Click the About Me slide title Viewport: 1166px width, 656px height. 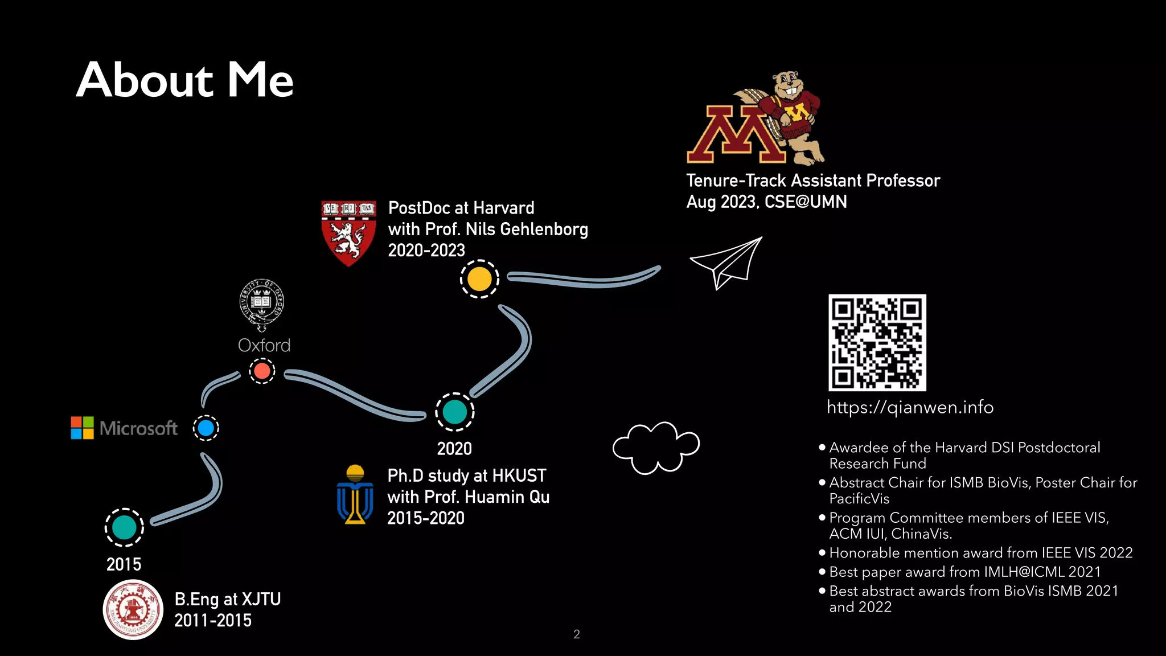tap(184, 80)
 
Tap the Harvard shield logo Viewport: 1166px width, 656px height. tap(348, 232)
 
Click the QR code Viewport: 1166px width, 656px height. tap(877, 342)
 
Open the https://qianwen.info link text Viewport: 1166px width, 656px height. tap(910, 407)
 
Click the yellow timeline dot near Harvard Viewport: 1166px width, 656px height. tap(479, 279)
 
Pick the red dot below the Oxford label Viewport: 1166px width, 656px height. tap(262, 371)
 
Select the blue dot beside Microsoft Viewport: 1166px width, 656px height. tap(206, 428)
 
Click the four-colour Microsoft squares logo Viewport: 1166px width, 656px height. tap(82, 428)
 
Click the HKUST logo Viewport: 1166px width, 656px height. tap(355, 494)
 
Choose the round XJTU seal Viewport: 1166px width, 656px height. tap(133, 609)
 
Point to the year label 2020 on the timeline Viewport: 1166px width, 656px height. tap(454, 449)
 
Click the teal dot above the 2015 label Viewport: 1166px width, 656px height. tap(124, 527)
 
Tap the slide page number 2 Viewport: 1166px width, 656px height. tap(576, 634)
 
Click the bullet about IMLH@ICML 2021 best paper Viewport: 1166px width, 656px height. tap(964, 572)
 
